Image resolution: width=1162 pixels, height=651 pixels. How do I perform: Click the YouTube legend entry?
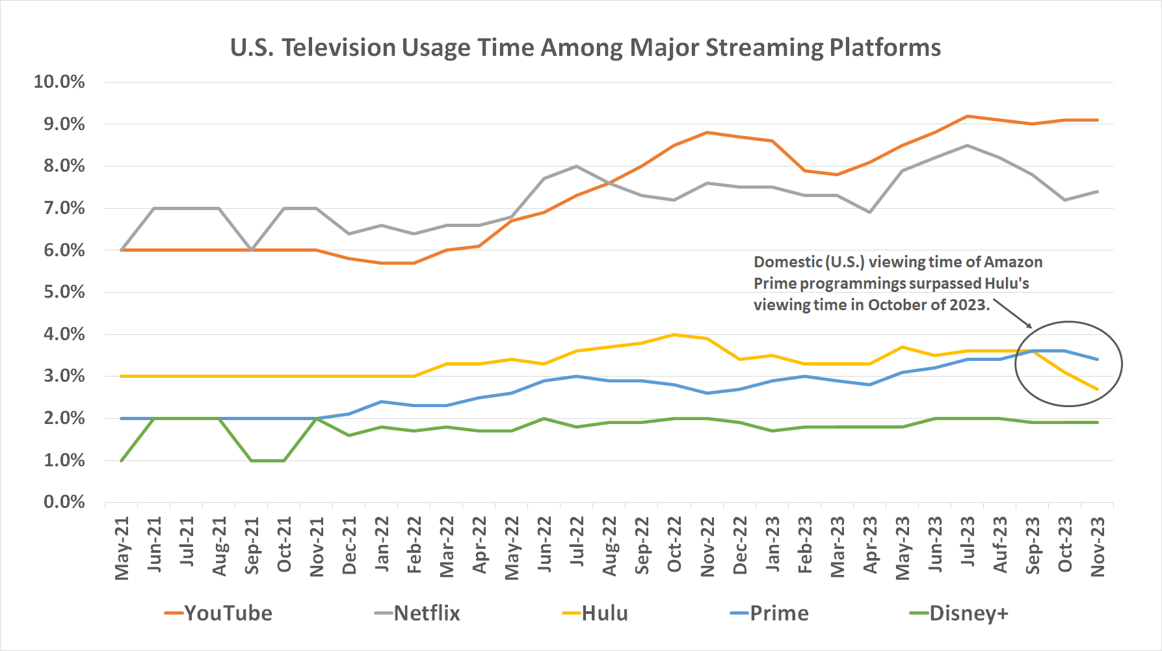coord(219,613)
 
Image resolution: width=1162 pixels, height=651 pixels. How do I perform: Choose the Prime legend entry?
coord(770,613)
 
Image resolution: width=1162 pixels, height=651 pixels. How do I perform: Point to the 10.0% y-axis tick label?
coord(59,82)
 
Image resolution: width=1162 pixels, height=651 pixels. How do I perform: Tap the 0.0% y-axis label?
coord(64,502)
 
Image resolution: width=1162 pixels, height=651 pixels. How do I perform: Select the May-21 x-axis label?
coord(122,548)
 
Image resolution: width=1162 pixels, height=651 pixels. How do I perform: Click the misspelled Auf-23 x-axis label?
coord(1000,544)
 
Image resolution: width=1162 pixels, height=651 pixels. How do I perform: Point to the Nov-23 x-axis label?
coord(1098,546)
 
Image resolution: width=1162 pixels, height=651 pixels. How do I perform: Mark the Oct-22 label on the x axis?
coord(674,544)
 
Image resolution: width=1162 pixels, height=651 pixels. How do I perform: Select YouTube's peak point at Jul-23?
coord(968,116)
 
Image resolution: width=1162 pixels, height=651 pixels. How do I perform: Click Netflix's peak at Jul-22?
coord(577,166)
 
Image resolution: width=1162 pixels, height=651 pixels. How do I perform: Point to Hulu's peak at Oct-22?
coord(674,335)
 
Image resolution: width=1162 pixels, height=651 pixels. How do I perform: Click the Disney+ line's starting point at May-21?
coord(122,460)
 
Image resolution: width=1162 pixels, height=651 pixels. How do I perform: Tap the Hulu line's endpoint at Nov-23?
coord(1098,390)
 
